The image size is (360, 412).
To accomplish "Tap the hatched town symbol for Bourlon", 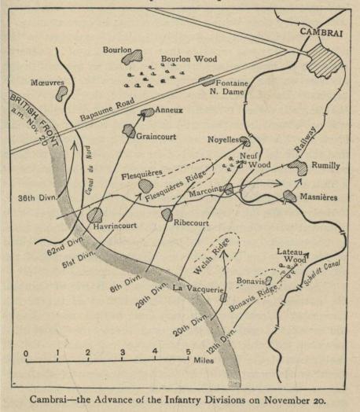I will pos(134,57).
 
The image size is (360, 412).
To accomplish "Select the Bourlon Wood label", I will pos(186,59).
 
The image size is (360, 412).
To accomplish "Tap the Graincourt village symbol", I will pos(128,131).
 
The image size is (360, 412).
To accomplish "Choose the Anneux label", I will pos(170,111).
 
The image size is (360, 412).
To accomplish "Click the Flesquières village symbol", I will pos(145,186).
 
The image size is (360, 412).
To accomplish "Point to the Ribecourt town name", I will pos(194,223).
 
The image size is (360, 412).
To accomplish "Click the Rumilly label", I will pos(325,166).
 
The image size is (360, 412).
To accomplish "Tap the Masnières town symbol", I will pos(289,196).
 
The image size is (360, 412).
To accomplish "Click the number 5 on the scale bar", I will pos(188,351).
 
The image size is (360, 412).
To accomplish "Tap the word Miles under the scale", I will pos(203,362).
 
